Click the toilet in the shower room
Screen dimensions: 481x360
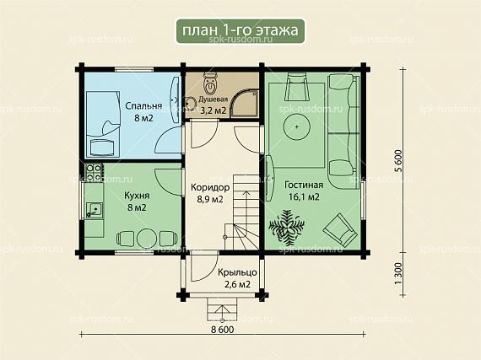(210, 84)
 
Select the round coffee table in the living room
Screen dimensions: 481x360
(297, 126)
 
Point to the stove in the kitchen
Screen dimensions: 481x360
(94, 172)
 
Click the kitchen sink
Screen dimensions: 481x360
(95, 210)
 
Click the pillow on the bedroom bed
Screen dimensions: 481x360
(102, 148)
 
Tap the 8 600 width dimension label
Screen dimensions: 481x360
(223, 330)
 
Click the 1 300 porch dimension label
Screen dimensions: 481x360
(397, 273)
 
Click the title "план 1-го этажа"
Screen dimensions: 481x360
(240, 30)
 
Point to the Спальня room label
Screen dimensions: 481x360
(143, 106)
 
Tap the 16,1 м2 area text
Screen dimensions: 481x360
(304, 196)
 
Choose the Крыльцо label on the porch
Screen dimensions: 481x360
(237, 272)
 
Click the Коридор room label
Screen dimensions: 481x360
(210, 187)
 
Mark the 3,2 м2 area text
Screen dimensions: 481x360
(213, 110)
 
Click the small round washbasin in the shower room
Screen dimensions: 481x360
(190, 103)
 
